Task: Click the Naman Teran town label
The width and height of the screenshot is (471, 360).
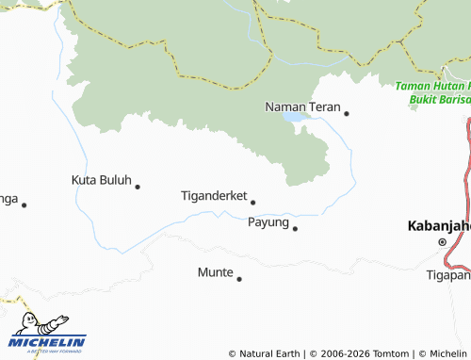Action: pyautogui.click(x=301, y=106)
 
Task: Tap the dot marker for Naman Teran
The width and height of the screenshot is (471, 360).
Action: pyautogui.click(x=347, y=114)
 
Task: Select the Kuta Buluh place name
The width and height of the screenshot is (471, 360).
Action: pyautogui.click(x=101, y=179)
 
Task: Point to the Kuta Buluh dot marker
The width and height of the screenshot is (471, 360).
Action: pyautogui.click(x=138, y=187)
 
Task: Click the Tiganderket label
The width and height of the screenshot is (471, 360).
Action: pyautogui.click(x=213, y=196)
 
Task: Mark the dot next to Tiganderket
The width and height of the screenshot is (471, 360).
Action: pyautogui.click(x=252, y=202)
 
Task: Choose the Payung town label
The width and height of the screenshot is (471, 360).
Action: pyautogui.click(x=268, y=222)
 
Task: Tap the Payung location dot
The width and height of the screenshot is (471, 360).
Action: pyautogui.click(x=295, y=228)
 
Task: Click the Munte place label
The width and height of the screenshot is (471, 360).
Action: pyautogui.click(x=214, y=272)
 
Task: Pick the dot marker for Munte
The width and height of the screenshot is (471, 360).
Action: pyautogui.click(x=239, y=278)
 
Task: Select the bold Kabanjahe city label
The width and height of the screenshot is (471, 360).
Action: pyautogui.click(x=438, y=226)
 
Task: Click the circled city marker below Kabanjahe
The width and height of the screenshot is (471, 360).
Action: pyautogui.click(x=442, y=242)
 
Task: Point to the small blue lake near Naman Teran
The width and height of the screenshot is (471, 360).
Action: pyautogui.click(x=295, y=119)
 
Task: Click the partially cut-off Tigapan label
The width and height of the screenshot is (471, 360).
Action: pyautogui.click(x=448, y=275)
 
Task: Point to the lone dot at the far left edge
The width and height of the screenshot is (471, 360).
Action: pyautogui.click(x=24, y=205)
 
